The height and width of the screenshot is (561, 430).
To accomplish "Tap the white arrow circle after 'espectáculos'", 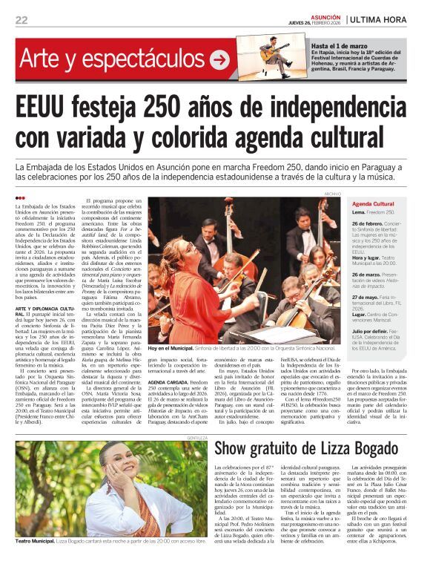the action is (x=219, y=60).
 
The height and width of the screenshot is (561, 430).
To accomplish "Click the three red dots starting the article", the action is (x=20, y=198).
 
